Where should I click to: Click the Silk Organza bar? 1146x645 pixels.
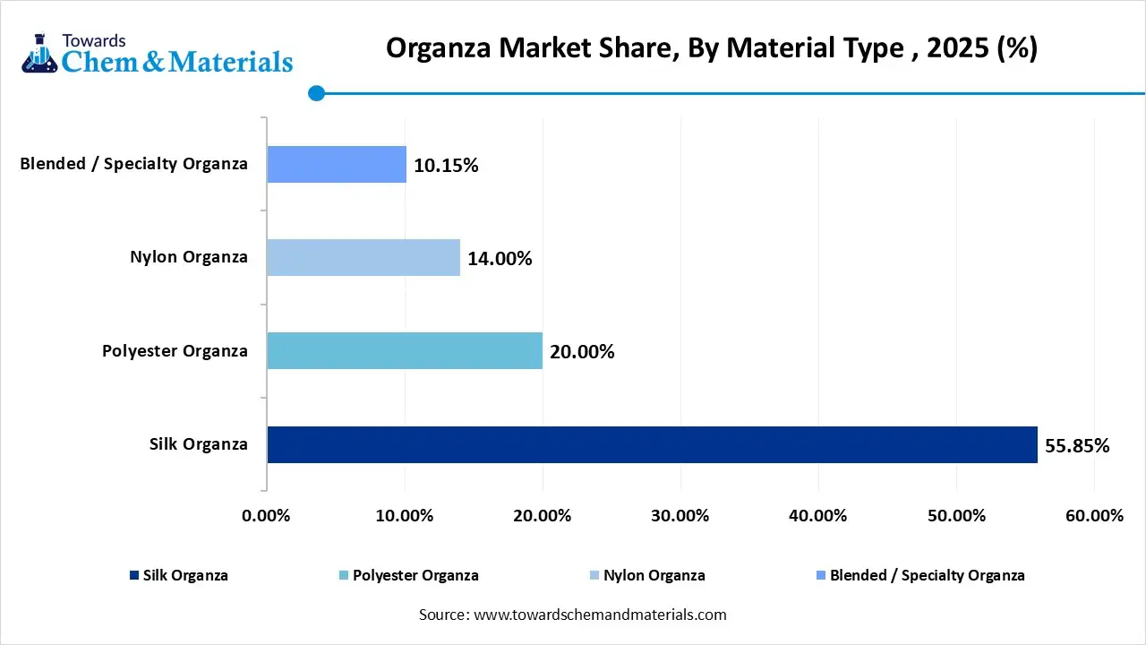coord(652,444)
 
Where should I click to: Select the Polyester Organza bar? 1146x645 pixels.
coord(405,350)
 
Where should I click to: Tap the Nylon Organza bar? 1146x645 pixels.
coord(363,258)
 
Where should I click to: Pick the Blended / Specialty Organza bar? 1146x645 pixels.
coord(337,165)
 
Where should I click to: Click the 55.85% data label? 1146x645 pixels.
coord(1077,445)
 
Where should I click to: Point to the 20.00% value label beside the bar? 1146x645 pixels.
coord(582,351)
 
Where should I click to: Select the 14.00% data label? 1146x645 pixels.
coord(500,259)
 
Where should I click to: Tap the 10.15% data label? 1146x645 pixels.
coord(446,166)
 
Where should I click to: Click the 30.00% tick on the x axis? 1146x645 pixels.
coord(680,516)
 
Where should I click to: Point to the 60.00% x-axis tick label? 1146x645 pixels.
coord(1094,516)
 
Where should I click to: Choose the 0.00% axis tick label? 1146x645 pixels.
coord(267,516)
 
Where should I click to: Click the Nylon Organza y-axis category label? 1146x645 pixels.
coord(188,257)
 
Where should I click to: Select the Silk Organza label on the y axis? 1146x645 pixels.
coord(199,443)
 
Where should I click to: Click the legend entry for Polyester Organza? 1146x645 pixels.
coord(415,575)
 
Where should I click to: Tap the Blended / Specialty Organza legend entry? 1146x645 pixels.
coord(927,575)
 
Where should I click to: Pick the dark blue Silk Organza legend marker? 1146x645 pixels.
coord(134,575)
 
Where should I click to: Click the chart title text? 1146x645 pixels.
coord(711,47)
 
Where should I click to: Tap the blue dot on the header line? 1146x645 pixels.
coord(316,92)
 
